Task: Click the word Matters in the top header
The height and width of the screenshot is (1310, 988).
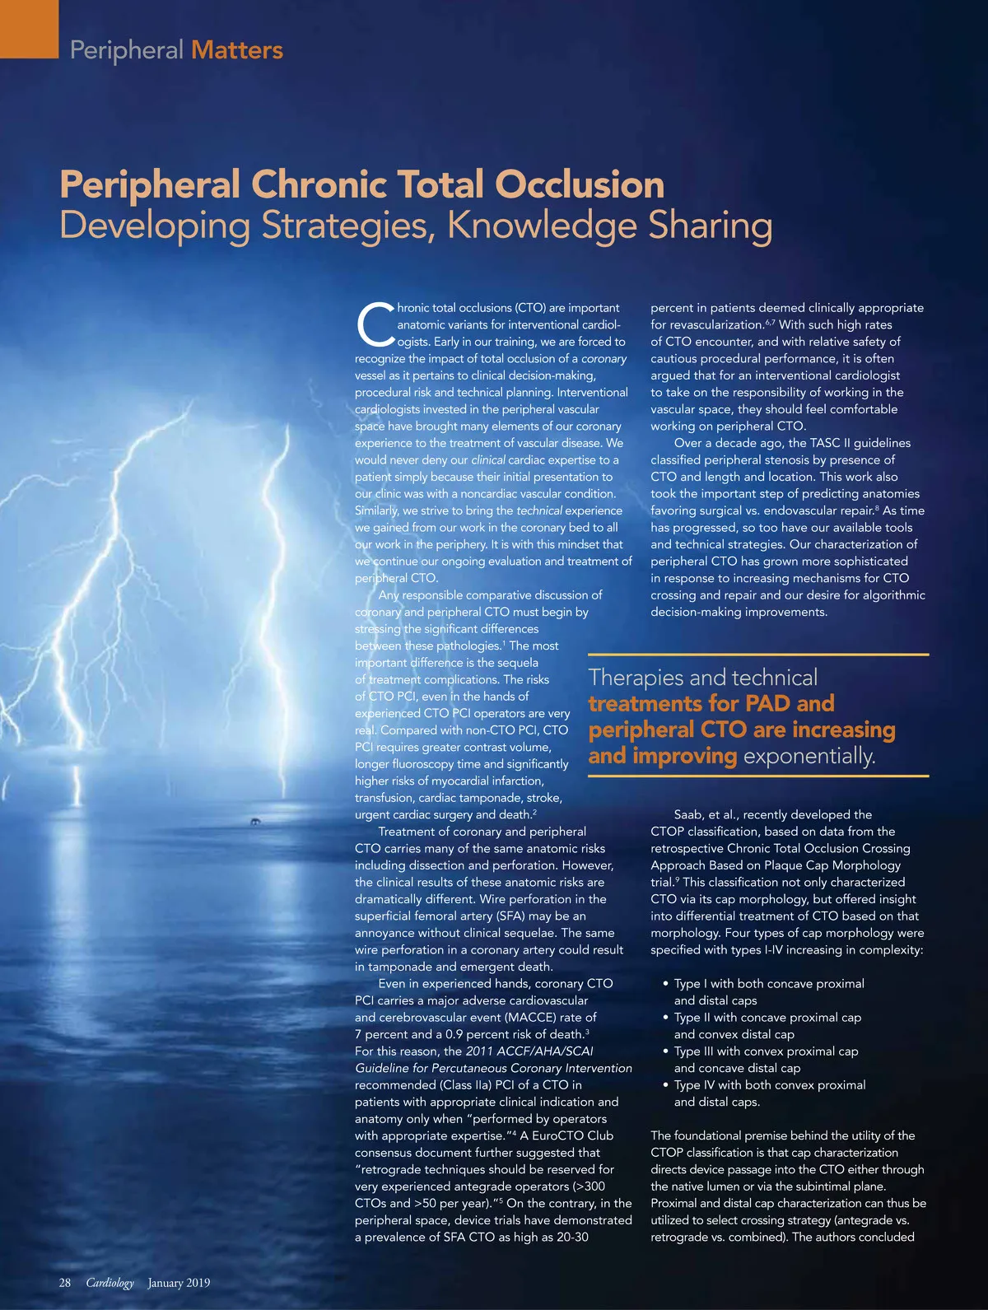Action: point(237,50)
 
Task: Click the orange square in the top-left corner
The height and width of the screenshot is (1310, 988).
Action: point(29,28)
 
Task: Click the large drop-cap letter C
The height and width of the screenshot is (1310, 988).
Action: point(375,324)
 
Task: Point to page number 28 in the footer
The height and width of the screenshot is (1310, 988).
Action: point(65,1282)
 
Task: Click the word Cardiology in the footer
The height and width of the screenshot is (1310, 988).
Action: point(110,1282)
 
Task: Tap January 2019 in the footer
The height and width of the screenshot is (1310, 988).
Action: point(179,1282)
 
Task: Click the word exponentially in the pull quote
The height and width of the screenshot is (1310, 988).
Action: point(809,756)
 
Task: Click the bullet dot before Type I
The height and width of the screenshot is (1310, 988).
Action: point(665,984)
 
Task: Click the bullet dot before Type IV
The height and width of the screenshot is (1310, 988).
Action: point(665,1085)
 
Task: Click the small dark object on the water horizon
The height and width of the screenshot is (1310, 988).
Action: point(256,822)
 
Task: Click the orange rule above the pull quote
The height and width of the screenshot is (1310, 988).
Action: point(758,655)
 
